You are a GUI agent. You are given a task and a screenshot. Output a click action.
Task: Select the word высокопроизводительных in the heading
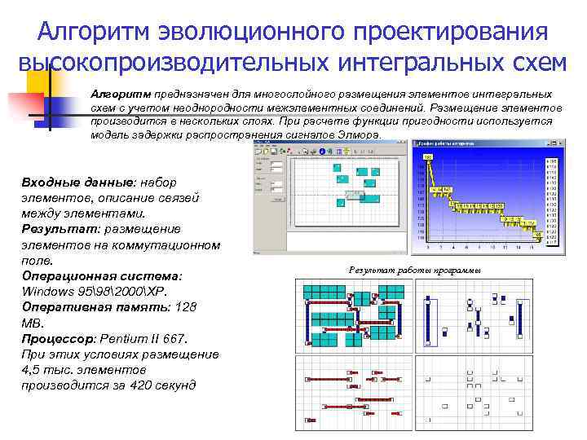[x=175, y=63]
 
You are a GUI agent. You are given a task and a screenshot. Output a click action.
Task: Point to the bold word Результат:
[x=57, y=229]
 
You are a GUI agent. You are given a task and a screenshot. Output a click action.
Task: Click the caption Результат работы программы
[x=414, y=270]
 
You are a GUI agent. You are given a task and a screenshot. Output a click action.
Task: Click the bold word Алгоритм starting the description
[x=119, y=95]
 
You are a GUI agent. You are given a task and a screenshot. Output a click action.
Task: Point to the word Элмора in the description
[x=357, y=134]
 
